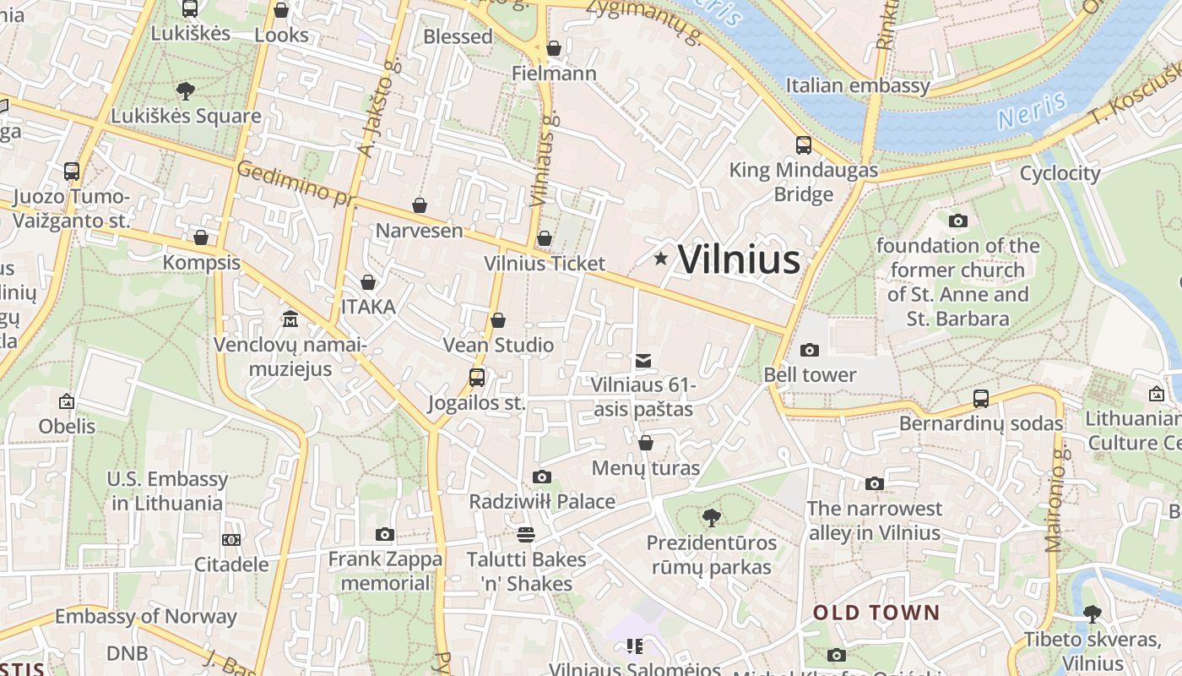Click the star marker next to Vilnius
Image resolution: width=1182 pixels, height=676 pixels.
coord(660,259)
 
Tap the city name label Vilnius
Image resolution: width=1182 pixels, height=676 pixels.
coord(739,259)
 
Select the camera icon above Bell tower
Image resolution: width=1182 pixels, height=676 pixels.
coord(809,350)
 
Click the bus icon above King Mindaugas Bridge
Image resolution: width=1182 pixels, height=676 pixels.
coord(803,145)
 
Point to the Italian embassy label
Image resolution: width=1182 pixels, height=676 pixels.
coord(858,85)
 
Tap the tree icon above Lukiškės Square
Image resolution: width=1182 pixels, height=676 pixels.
coord(186,90)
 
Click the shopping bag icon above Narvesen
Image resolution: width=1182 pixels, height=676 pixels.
coord(419,205)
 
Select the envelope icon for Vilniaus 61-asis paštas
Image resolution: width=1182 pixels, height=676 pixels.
coord(643,361)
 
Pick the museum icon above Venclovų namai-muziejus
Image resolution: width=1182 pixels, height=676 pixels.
coord(290,319)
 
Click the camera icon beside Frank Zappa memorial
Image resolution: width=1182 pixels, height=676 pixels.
coord(385,534)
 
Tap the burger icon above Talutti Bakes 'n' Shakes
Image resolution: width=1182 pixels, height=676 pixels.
coord(526,534)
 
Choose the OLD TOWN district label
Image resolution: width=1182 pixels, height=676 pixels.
coord(876,613)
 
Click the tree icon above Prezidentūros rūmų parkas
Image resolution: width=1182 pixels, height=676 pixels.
coord(712,517)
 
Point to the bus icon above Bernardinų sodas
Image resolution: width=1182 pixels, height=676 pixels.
coord(980,398)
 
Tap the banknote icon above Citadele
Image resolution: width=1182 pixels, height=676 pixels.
coord(231,539)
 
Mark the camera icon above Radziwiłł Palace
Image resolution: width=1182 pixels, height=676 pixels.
coord(542,477)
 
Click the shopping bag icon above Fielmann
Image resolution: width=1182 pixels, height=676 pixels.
coord(554,48)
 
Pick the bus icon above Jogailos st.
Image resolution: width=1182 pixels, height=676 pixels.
coord(476,377)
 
